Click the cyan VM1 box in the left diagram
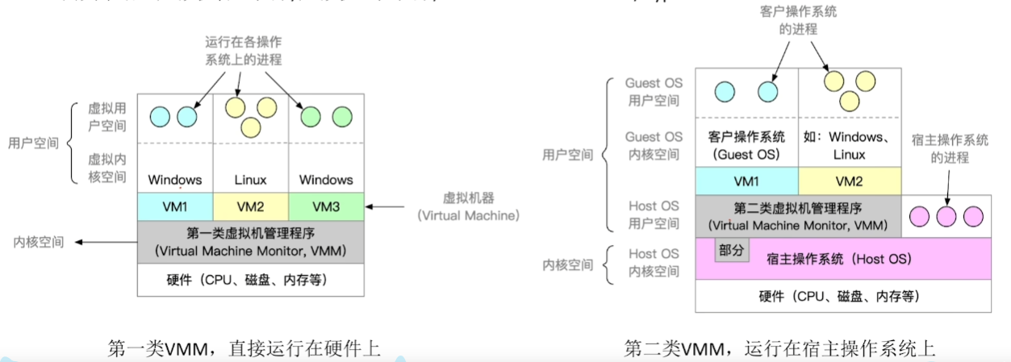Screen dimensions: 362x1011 [x=174, y=206]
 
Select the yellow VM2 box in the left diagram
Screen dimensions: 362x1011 [x=250, y=206]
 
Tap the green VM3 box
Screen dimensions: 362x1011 [x=325, y=206]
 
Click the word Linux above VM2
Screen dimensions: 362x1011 [x=250, y=180]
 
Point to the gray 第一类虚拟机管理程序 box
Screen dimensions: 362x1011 [x=250, y=242]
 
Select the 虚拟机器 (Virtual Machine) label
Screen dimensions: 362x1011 [x=468, y=206]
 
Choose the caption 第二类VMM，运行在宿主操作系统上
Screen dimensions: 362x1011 [x=779, y=348]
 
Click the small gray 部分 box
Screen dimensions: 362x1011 [x=731, y=250]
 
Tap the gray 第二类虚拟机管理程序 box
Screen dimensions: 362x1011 [x=797, y=217]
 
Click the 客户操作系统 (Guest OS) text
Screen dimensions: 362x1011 [x=746, y=146]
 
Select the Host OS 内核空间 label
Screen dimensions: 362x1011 [x=654, y=264]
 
